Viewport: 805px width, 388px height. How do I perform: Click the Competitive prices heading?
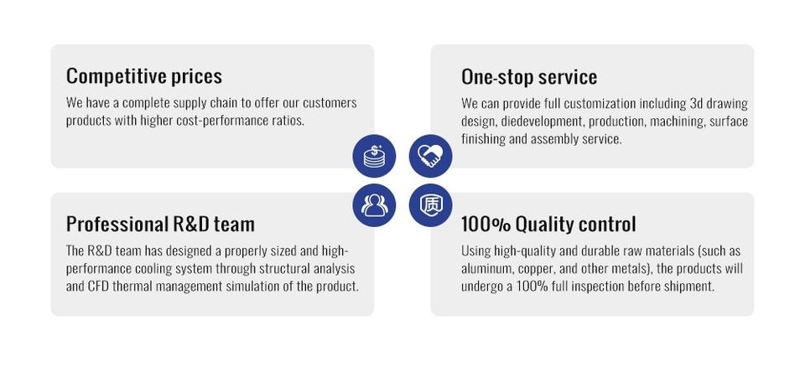click(143, 76)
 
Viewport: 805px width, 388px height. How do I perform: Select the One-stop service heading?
click(529, 77)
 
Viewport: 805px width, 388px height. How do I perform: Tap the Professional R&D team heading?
click(160, 224)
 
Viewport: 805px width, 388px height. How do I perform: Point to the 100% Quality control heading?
click(548, 225)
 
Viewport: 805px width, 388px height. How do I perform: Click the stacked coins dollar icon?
click(374, 156)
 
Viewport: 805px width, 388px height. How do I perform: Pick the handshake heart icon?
click(430, 156)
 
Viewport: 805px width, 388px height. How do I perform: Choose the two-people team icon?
click(374, 205)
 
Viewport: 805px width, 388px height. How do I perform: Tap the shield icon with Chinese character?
click(430, 205)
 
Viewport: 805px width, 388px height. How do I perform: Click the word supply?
click(190, 103)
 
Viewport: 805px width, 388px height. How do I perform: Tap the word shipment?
click(689, 287)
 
